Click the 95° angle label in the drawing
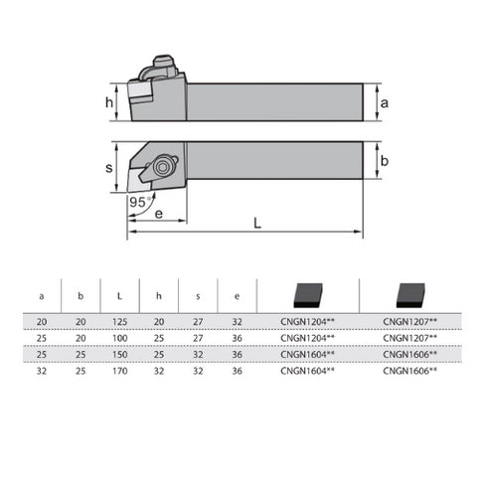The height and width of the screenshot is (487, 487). (x=141, y=202)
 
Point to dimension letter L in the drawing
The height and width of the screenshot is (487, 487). (x=257, y=224)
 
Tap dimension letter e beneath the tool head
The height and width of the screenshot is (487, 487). (x=159, y=213)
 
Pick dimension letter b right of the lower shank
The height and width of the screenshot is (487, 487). (x=384, y=159)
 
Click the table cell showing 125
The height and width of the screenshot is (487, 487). (x=120, y=321)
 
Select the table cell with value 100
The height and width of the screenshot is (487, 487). (x=120, y=337)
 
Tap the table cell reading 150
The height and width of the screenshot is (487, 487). (x=120, y=353)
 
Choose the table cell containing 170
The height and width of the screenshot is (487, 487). (x=120, y=369)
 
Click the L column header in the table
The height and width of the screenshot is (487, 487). (x=120, y=295)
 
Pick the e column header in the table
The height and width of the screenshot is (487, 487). (x=237, y=295)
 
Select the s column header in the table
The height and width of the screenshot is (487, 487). (x=198, y=295)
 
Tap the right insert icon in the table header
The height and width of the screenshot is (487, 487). (x=408, y=294)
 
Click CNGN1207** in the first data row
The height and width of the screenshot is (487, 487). (x=409, y=321)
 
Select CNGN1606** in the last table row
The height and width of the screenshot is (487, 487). (x=409, y=369)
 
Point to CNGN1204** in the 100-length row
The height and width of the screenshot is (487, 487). (x=308, y=337)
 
